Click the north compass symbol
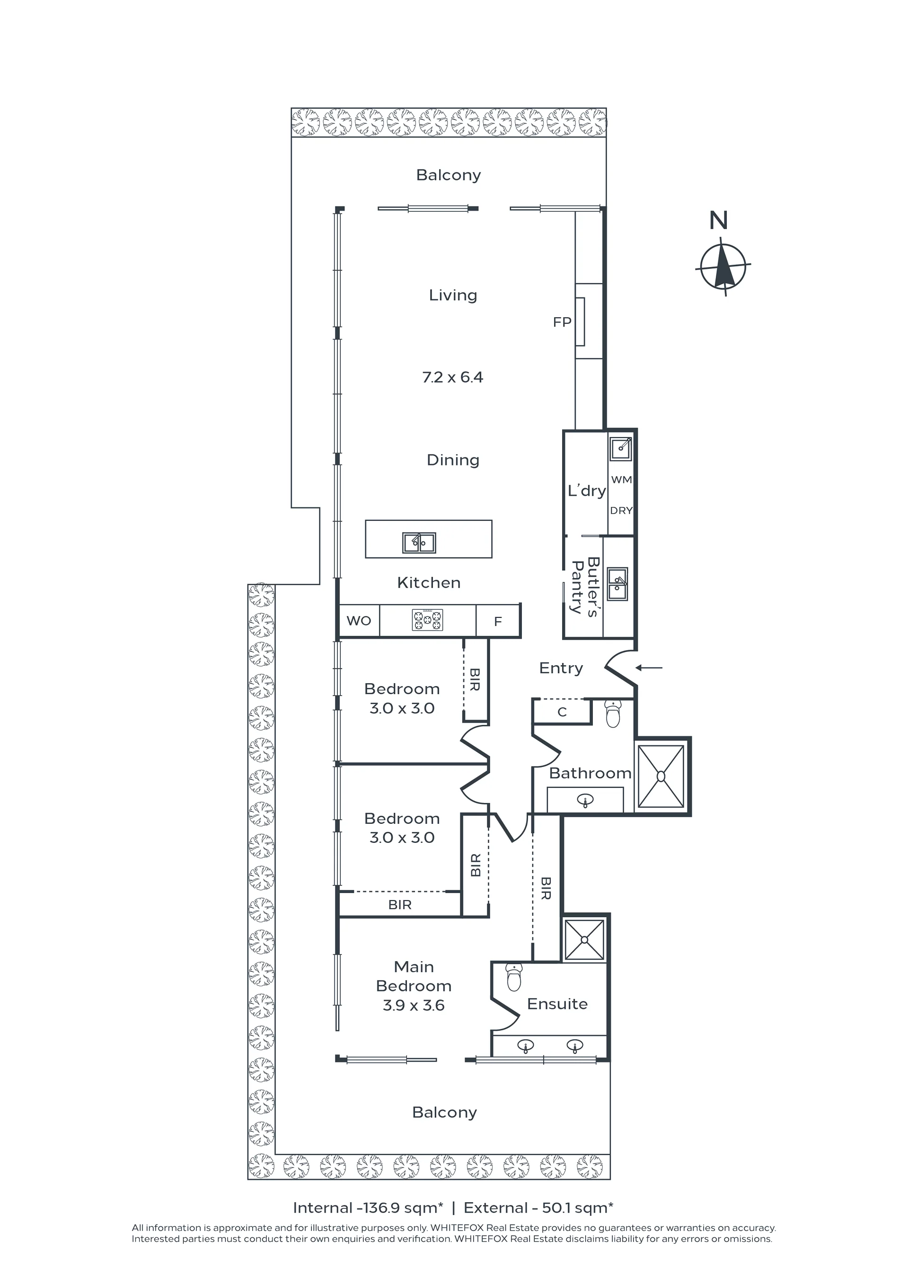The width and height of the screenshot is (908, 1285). pos(723,267)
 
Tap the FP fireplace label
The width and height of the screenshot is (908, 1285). pos(562,322)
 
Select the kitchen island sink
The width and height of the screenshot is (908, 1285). pos(419,542)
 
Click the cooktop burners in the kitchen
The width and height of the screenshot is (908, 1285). pos(427,620)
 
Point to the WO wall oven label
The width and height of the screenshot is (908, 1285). pos(359,621)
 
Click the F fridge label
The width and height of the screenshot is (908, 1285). pos(498,621)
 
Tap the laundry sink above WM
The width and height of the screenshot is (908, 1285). pos(621,449)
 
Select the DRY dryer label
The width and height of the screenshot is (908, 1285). pos(621,510)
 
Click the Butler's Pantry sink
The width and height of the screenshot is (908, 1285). pos(617,584)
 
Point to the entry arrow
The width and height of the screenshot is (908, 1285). pos(649,668)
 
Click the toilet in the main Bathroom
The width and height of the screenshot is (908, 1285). pos(613,714)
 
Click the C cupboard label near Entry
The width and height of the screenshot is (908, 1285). pos(562,712)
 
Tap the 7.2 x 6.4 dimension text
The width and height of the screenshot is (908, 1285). pos(453,377)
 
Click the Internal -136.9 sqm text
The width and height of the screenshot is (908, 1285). pos(368,1208)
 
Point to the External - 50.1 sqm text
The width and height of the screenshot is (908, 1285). pos(539,1208)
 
